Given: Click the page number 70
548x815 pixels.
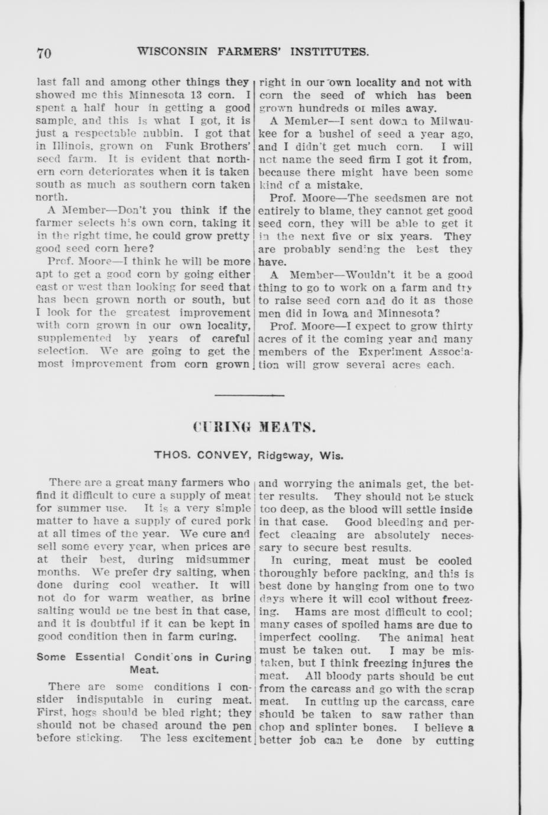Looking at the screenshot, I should tap(44, 53).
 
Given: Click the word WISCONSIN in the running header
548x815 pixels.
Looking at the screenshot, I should tap(172, 51).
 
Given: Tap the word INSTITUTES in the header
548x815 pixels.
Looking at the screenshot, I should tap(332, 51).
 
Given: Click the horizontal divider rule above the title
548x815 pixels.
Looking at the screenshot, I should tap(241, 395).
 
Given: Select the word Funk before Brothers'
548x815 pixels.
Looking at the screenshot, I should tap(179, 146).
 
